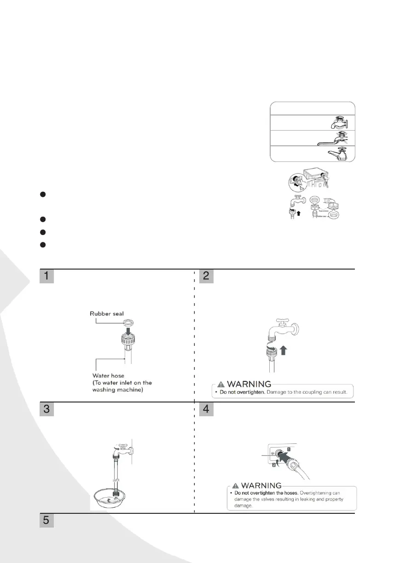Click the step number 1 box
click(47, 276)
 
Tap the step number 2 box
click(207, 276)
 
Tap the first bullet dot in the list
click(42, 194)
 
